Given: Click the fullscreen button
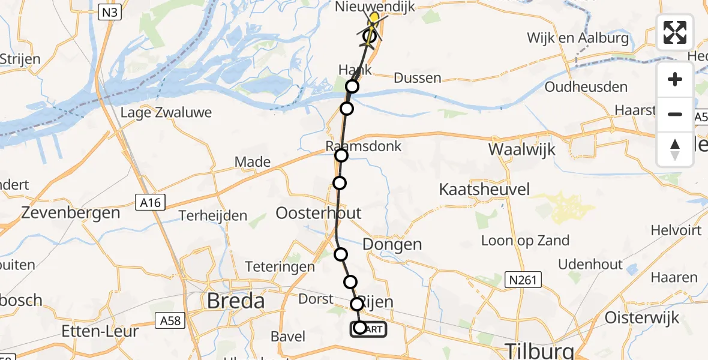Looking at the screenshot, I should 675,32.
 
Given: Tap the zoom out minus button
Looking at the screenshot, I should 675,114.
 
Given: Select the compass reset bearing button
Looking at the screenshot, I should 675,149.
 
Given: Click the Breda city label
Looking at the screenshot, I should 236,301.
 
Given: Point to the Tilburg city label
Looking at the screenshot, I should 540,350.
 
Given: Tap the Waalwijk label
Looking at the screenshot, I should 522,149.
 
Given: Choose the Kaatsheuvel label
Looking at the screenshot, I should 485,190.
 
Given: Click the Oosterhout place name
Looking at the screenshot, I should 319,213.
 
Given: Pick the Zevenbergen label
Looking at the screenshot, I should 71,212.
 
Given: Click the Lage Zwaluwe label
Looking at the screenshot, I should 166,113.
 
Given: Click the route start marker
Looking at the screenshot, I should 360,328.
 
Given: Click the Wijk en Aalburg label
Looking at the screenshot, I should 578,38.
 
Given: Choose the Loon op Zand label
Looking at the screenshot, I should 526,241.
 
